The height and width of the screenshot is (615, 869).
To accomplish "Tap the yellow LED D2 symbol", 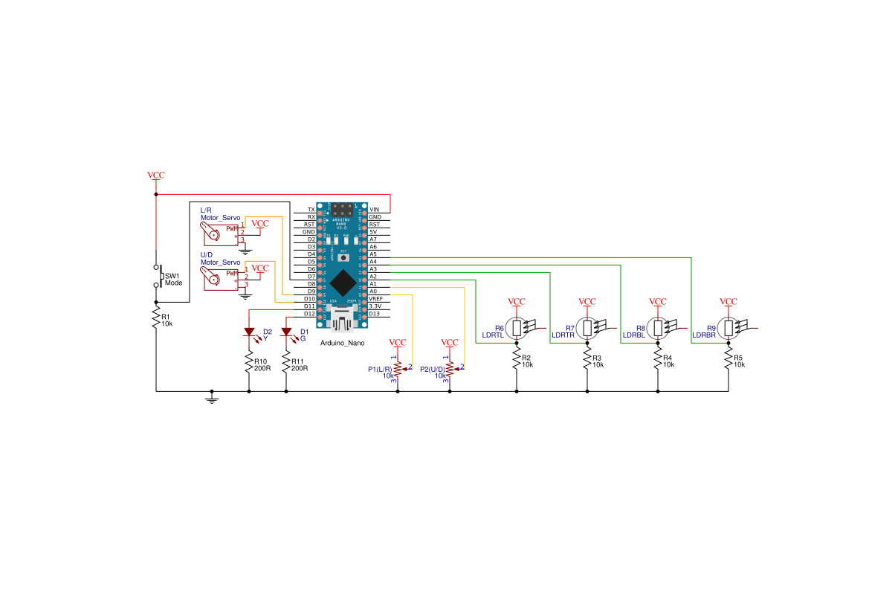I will point(249,332).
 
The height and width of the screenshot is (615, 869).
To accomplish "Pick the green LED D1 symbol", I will point(286,332).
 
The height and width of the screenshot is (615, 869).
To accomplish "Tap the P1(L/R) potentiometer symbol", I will point(398,370).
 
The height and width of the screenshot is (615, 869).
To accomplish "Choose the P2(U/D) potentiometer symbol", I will point(450,370).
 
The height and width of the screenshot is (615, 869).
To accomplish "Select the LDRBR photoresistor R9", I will point(729,328).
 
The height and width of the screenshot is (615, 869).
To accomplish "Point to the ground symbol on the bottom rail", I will point(212,399).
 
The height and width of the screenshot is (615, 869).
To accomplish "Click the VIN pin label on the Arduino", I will point(375,210).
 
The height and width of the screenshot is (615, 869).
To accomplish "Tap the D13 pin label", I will point(375,314).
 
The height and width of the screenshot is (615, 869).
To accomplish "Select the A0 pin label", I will point(373,292).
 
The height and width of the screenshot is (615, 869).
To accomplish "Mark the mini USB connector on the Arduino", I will point(343,322).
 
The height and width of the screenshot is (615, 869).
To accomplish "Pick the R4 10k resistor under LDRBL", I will point(658,361).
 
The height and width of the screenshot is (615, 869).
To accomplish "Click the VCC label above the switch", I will point(156,176).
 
